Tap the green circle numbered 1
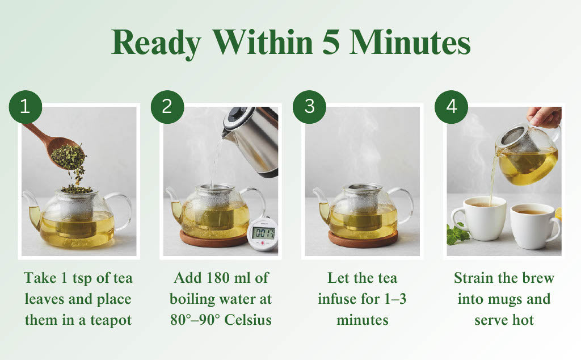pos(25,106)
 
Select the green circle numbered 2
pos(167,106)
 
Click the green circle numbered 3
pos(309,106)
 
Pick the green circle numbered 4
pos(451,106)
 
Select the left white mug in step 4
pos(482,219)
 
